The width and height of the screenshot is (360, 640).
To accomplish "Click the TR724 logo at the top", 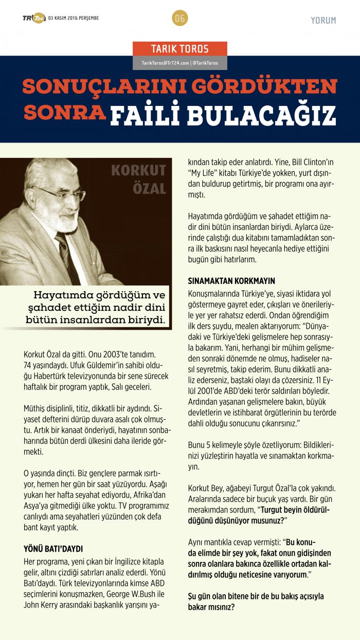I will pyautogui.click(x=33, y=19).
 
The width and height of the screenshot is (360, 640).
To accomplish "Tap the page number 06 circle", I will pyautogui.click(x=180, y=19).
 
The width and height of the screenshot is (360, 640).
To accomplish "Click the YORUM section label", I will pyautogui.click(x=323, y=21).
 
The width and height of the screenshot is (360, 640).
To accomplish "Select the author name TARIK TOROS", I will pyautogui.click(x=179, y=49).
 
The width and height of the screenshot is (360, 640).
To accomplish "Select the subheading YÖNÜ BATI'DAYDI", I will pyautogui.click(x=53, y=549).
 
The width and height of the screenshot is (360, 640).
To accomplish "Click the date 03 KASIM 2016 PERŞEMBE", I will pyautogui.click(x=74, y=19).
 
